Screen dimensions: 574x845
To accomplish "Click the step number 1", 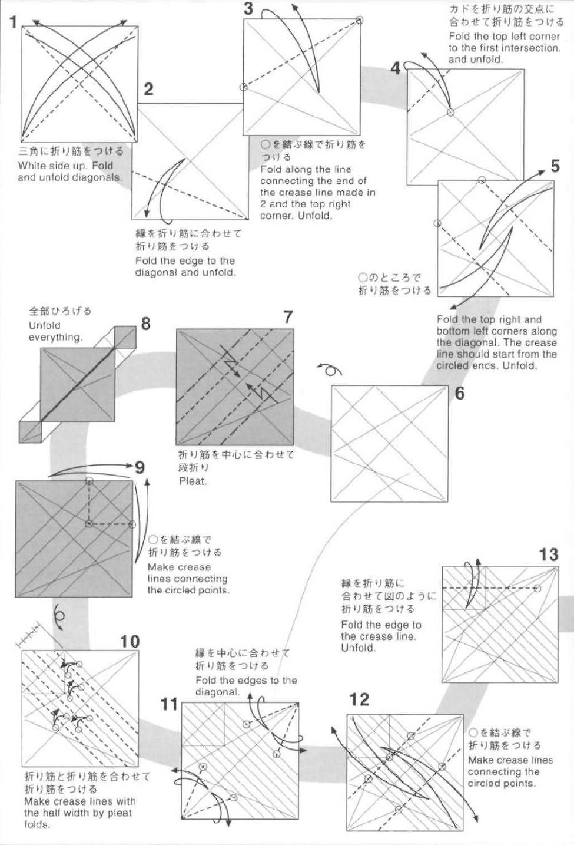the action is click(x=13, y=22).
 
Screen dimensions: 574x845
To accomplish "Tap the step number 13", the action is click(x=548, y=554).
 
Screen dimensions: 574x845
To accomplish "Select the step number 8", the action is click(x=145, y=324).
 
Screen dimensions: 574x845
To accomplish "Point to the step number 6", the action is click(x=459, y=392).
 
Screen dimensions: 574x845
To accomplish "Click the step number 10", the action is click(x=130, y=641).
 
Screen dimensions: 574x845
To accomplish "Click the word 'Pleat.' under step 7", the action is click(x=193, y=481).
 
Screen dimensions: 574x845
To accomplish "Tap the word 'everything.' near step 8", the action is click(x=56, y=337).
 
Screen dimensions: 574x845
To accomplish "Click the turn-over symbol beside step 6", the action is click(x=330, y=370).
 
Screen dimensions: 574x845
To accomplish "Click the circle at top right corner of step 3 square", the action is click(x=359, y=20).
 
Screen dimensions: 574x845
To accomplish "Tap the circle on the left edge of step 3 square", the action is click(x=243, y=87).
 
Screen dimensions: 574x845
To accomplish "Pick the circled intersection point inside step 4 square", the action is click(x=450, y=112).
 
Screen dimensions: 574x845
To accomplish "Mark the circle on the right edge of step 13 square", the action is click(x=537, y=588).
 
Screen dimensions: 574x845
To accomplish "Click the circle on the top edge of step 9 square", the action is click(x=88, y=481).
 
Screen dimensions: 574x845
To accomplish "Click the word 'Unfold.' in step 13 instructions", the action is click(x=358, y=648).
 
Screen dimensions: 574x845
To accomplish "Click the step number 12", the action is click(x=359, y=699).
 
